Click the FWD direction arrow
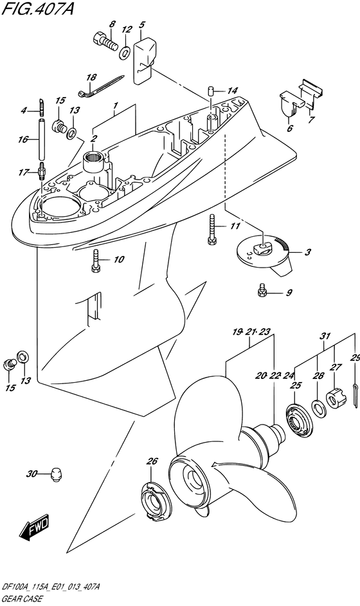(34, 527)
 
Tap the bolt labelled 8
(104, 41)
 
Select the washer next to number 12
(124, 52)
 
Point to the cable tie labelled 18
(101, 85)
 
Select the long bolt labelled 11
(211, 229)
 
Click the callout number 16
(23, 139)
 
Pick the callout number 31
(325, 336)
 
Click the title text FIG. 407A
(37, 8)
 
